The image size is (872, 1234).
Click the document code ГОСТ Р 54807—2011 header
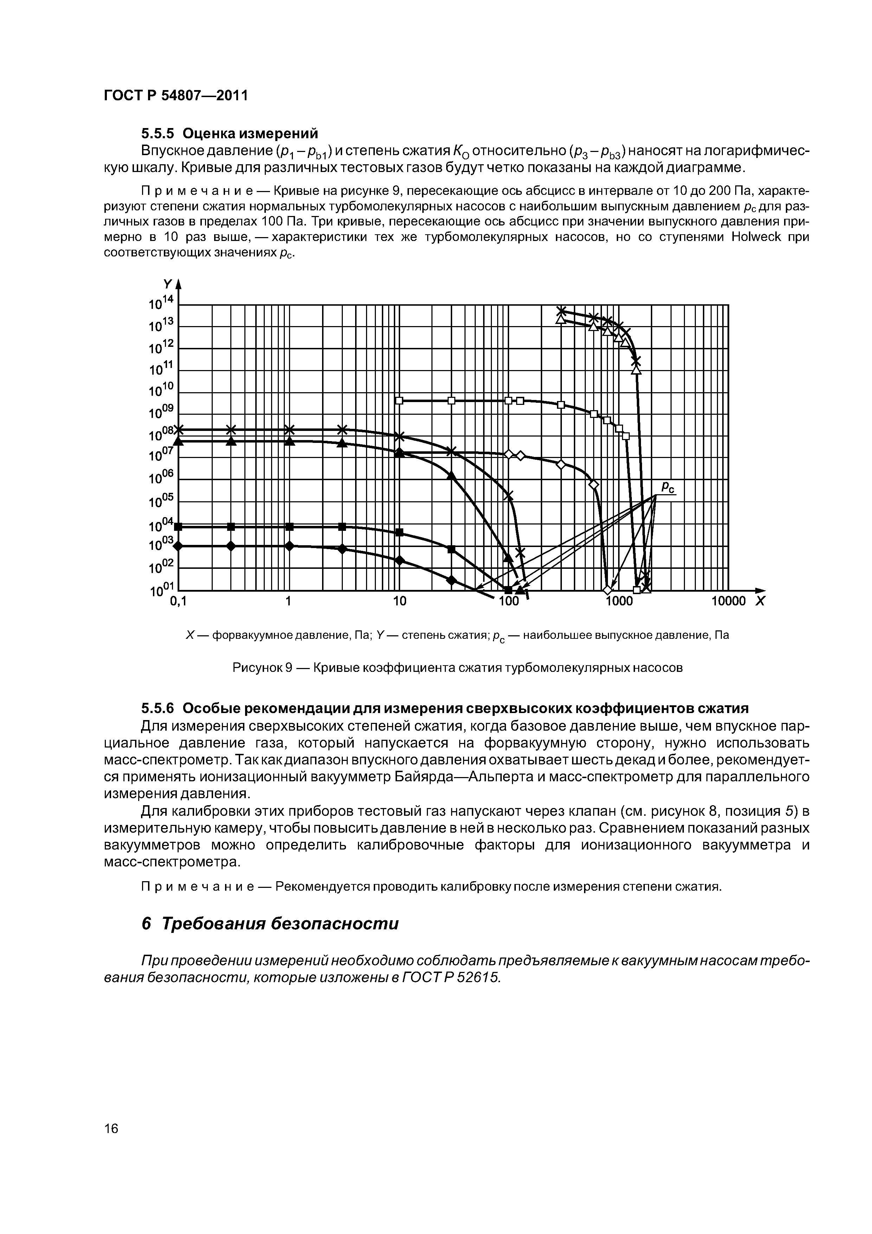click(176, 96)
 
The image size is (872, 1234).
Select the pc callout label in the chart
click(667, 488)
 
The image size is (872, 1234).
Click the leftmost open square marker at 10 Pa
click(399, 400)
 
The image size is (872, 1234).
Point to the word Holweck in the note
click(756, 237)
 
